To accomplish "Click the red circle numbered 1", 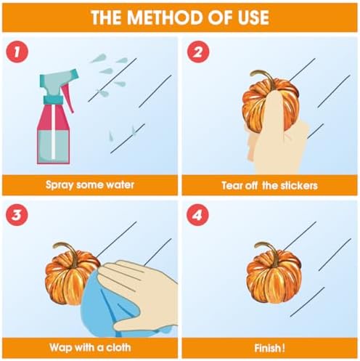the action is tap(17, 52).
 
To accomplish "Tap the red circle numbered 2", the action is tap(197, 52).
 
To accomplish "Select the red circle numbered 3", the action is tap(17, 215).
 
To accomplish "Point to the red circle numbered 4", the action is tap(197, 215).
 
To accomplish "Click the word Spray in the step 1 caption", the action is tap(60, 185).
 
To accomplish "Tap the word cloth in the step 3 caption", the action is tap(118, 347).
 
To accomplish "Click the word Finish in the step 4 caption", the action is tap(268, 349).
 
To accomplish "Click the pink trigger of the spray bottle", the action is tap(67, 99).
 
